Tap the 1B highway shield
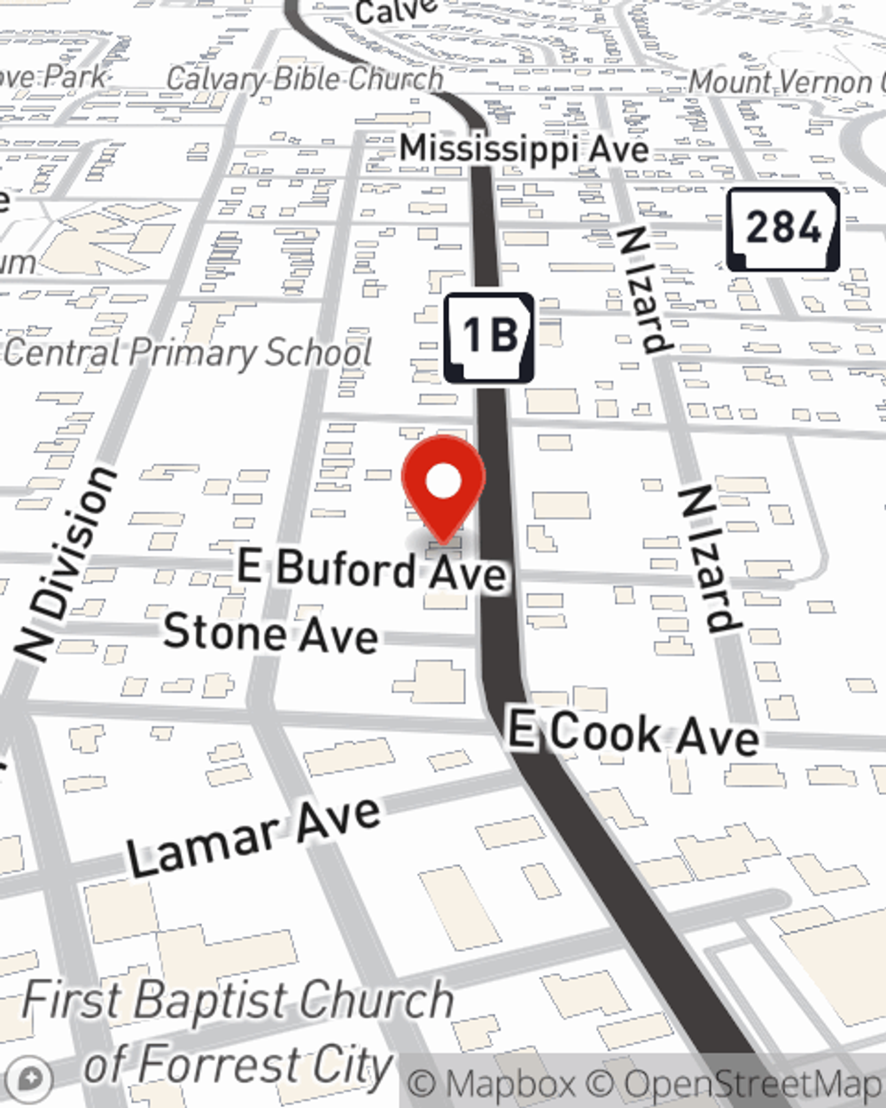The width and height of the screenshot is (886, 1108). click(489, 337)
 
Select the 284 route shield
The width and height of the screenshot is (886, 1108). click(783, 229)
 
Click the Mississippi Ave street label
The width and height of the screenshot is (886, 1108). click(525, 149)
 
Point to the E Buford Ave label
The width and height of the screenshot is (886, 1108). click(373, 569)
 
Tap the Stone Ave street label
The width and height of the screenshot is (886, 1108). click(271, 634)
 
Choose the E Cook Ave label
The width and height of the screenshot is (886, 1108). click(633, 735)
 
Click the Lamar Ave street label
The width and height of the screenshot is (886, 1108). click(254, 836)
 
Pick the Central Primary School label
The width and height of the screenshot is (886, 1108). click(188, 353)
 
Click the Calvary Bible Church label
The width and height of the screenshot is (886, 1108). click(304, 79)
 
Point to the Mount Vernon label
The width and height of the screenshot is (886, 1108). click(784, 82)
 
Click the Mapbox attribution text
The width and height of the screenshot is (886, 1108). click(494, 1084)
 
